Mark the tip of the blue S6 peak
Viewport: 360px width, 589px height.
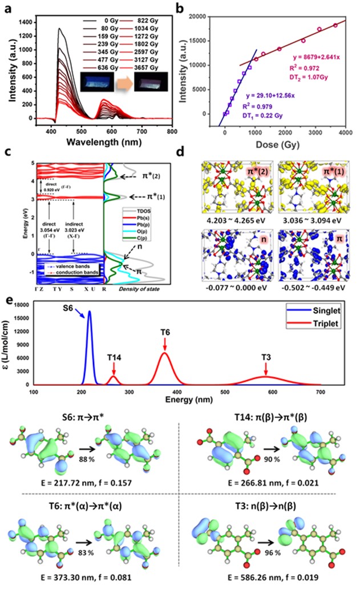[x=90, y=311]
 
